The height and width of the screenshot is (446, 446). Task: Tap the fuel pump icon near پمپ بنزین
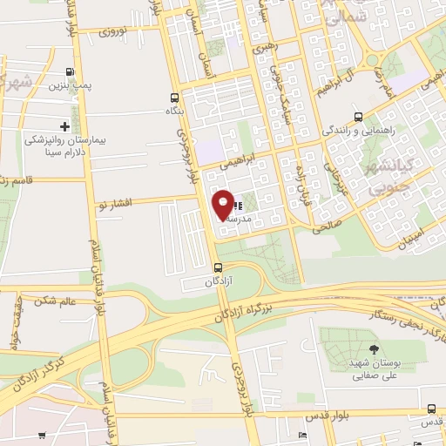[x=70, y=72]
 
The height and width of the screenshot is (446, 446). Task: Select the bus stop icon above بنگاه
[x=175, y=98]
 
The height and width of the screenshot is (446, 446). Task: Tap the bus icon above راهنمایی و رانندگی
[x=358, y=117]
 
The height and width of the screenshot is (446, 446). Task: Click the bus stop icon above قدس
[x=431, y=409]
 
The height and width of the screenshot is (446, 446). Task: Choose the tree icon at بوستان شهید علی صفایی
[x=374, y=350]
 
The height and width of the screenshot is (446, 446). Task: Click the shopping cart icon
[x=41, y=435]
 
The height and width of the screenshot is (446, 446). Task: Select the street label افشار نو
[x=116, y=203]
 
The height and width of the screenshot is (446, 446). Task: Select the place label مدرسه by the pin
[x=237, y=220]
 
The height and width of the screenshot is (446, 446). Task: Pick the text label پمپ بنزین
[x=70, y=86]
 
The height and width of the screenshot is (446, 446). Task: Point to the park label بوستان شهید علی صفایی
[x=374, y=370]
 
